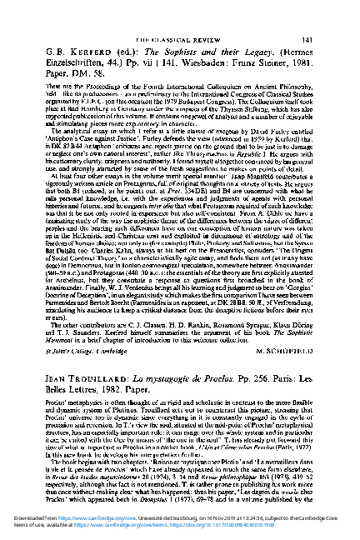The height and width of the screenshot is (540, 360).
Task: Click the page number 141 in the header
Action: (x=331, y=40)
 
